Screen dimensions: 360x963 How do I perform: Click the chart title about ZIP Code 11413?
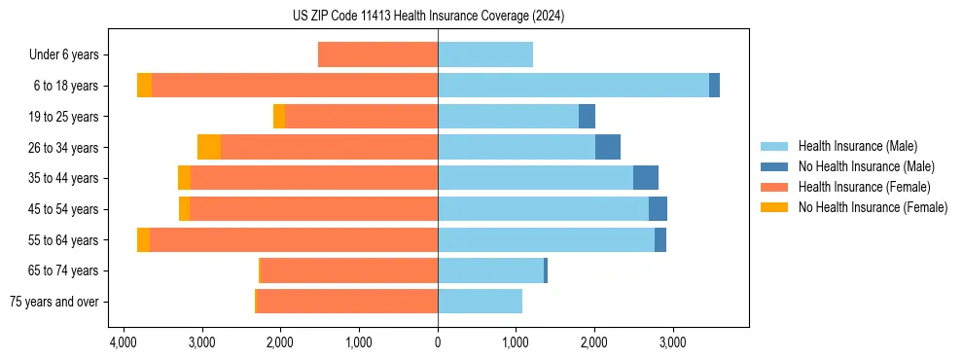point(428,16)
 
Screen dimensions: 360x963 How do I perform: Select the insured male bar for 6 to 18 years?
point(573,86)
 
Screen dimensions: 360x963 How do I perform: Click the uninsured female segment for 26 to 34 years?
point(209,147)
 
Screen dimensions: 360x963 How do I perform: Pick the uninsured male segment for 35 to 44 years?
point(646,178)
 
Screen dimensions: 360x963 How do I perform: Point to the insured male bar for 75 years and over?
point(480,302)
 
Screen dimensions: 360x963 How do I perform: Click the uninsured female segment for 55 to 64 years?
point(143,239)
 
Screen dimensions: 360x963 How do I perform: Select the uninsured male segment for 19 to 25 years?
point(587,117)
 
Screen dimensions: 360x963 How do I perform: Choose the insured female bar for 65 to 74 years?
point(349,270)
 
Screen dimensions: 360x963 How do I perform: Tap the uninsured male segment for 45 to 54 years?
point(658,209)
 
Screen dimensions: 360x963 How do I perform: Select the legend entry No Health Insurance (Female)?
point(873,207)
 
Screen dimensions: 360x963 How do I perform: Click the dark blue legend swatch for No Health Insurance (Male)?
point(774,166)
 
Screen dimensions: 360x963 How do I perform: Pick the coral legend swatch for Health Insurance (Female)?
point(774,187)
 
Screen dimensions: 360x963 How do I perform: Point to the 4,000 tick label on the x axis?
point(123,342)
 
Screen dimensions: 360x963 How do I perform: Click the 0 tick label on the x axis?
point(438,342)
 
